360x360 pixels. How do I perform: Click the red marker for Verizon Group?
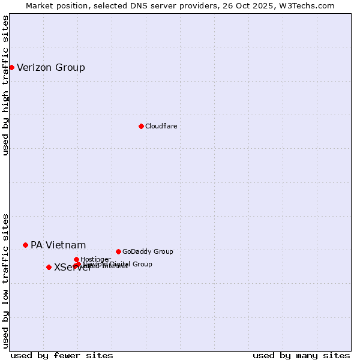pos(11,67)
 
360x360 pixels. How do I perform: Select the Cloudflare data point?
pos(141,126)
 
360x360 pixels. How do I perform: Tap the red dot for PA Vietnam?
pos(25,245)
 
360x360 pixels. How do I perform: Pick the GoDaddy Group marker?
pos(118,251)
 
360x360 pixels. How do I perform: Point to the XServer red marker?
pos(49,267)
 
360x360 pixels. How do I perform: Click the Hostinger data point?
pos(76,259)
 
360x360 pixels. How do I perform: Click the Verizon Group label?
pos(51,67)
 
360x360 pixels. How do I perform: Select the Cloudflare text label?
pos(161,126)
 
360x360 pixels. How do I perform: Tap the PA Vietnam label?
pos(58,245)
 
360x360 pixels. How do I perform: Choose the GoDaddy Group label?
pos(148,251)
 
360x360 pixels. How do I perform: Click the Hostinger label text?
pos(95,259)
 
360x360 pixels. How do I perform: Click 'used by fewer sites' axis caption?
pos(62,355)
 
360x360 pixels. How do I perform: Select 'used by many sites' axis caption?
pos(301,355)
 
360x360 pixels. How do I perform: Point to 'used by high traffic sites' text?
pos(5,85)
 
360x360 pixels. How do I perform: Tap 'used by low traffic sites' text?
pos(5,280)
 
